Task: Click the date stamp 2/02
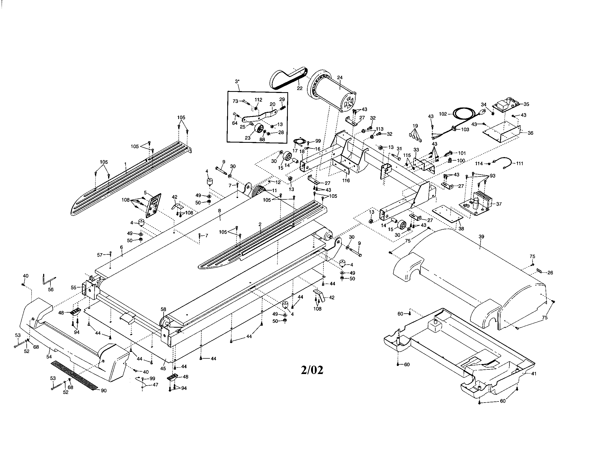[x=312, y=370]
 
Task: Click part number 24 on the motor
[x=340, y=78]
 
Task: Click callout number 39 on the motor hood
[x=481, y=237]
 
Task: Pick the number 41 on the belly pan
[x=534, y=374]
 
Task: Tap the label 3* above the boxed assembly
[x=237, y=81]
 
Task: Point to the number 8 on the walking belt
[x=219, y=210]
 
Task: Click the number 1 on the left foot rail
[x=125, y=164]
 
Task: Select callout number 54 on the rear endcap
[x=49, y=357]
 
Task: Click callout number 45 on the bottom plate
[x=163, y=368]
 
